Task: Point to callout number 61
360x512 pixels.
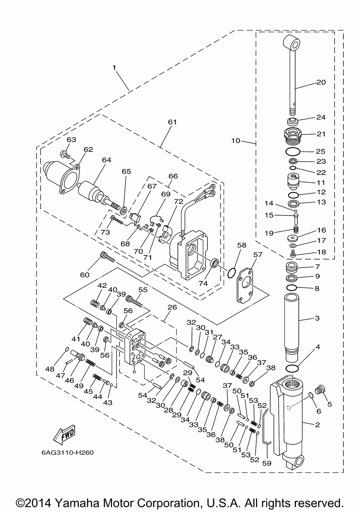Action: click(172, 122)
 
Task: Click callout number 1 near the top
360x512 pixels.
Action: click(114, 67)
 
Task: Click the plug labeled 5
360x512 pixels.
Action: click(319, 389)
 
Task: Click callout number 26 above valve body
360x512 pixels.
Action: click(172, 308)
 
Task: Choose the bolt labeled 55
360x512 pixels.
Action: click(134, 300)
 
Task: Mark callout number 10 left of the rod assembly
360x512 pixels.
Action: click(235, 141)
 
